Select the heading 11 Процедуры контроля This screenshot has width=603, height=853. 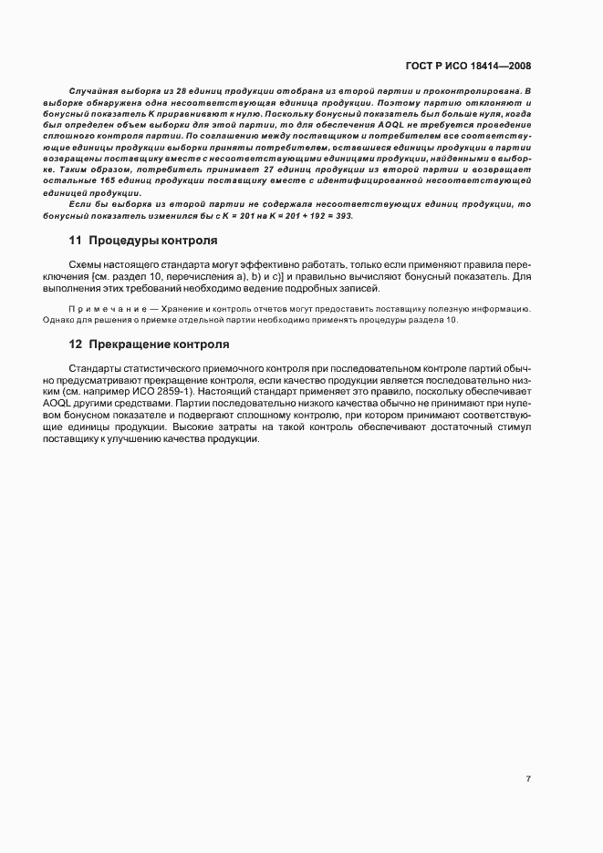[143, 241]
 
